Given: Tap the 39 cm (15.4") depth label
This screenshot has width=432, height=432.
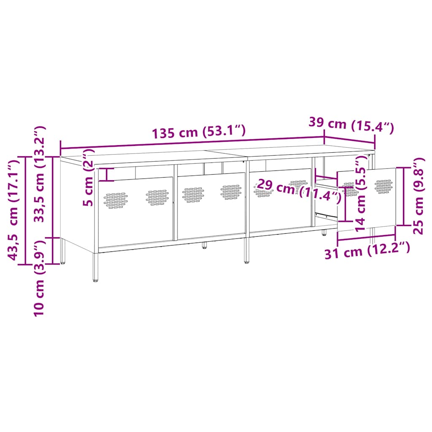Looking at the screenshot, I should [x=351, y=124].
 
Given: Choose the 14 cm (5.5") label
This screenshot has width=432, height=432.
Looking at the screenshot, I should [x=361, y=194].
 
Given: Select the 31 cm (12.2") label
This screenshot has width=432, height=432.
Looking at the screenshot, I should [x=367, y=252].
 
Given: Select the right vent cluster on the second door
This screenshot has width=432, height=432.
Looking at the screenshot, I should [x=232, y=192].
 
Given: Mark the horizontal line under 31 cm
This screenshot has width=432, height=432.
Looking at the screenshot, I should [x=366, y=239].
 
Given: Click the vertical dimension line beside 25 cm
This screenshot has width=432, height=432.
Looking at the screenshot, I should [x=404, y=196].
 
